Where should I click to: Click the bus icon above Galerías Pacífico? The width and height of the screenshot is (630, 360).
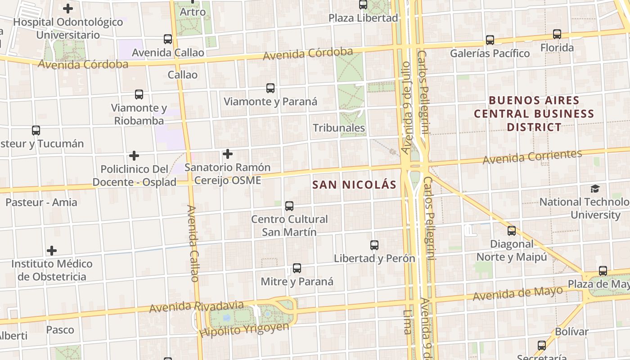coord(490,40)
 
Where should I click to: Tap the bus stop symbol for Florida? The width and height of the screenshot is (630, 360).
coord(557,34)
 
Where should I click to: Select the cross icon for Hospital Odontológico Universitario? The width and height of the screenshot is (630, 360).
coord(68,9)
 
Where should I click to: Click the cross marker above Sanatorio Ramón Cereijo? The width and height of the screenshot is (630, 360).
coord(228,154)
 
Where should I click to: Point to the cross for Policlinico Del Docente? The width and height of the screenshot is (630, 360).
coord(134,156)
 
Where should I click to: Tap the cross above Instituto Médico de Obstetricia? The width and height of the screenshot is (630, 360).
coord(52,251)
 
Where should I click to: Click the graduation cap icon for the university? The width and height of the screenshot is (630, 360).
coord(595,189)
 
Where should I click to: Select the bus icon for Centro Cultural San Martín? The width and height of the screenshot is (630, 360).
coord(289,206)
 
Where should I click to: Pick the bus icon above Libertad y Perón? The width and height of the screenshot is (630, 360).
coord(374,245)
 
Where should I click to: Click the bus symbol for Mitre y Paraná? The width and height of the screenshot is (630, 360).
coord(297,268)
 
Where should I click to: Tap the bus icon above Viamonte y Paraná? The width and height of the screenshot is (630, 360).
coord(270,88)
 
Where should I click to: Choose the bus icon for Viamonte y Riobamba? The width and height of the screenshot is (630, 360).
coord(139,94)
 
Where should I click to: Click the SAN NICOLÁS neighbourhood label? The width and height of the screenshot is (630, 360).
coord(354,184)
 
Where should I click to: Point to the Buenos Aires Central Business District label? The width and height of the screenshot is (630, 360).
coord(534,113)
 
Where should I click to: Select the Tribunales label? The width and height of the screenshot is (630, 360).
coord(339,128)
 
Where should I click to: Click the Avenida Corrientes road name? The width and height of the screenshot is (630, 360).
coord(532,157)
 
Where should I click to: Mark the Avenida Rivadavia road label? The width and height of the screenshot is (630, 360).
coord(196,306)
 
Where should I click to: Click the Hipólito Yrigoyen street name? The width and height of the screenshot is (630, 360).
coord(244,330)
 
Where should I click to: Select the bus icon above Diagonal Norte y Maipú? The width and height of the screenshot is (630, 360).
coord(512,231)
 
